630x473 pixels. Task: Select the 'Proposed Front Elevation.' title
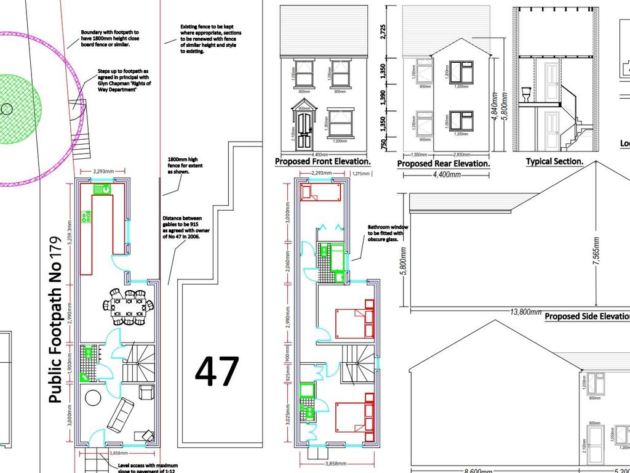[322, 162]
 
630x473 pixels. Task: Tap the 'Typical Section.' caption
[554, 161]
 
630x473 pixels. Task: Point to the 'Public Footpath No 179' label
[56, 320]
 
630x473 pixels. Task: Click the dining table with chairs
[129, 307]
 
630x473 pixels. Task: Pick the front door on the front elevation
[304, 131]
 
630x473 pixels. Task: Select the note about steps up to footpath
[124, 83]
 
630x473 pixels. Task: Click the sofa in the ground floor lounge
[121, 414]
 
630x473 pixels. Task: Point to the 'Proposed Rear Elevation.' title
[443, 164]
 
